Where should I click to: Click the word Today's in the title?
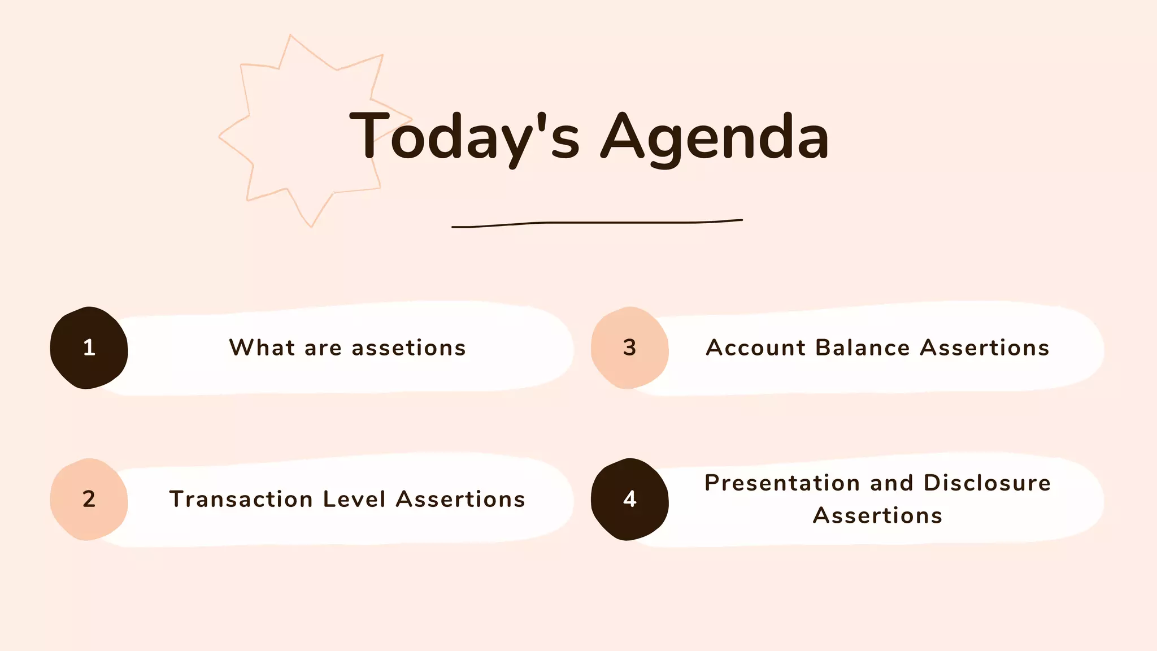[x=464, y=137]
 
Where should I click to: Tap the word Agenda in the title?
[x=715, y=137]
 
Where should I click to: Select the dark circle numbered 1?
[x=89, y=348]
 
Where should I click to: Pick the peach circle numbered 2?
[x=89, y=499]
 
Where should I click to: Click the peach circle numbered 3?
[x=629, y=348]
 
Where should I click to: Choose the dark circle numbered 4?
[x=629, y=499]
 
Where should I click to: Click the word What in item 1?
[x=262, y=348]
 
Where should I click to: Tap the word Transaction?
[x=241, y=500]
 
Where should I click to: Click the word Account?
[x=756, y=348]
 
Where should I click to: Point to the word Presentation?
[x=782, y=483]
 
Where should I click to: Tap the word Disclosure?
[x=987, y=483]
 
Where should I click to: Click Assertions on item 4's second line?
[x=878, y=515]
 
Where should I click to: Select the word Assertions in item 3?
[x=985, y=348]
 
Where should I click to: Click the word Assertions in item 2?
[x=460, y=500]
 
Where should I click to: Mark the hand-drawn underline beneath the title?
[x=597, y=223]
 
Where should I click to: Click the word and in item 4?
[x=891, y=483]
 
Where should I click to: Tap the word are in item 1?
[x=323, y=348]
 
